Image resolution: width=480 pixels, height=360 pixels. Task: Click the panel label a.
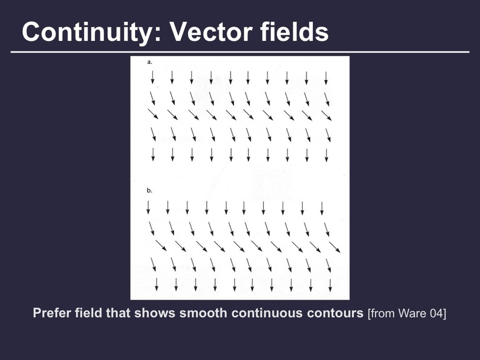pos(149,62)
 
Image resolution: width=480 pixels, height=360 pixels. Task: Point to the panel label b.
pos(149,191)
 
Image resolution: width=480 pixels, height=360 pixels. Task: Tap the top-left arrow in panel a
pos(152,77)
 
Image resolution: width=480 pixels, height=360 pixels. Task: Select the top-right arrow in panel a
pos(326,78)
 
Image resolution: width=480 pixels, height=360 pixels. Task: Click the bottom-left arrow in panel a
pos(153,155)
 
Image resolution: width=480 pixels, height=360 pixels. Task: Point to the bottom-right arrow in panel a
pos(327,155)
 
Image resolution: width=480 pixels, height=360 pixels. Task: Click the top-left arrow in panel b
pos(148,207)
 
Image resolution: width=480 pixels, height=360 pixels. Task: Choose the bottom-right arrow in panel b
pos(330,285)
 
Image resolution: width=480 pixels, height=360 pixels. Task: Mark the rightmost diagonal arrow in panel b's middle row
pos(335,247)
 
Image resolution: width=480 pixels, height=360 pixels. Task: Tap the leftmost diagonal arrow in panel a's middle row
pos(153,114)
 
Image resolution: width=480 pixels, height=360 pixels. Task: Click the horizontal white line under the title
pos(240,52)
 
